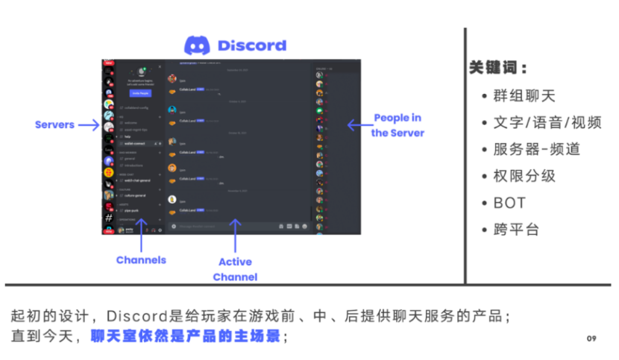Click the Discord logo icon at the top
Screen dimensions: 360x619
[x=198, y=45]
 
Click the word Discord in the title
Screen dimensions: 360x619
[x=252, y=45]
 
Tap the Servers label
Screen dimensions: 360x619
[x=54, y=124]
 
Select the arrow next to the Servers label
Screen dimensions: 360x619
[x=89, y=124]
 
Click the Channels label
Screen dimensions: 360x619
[x=141, y=260]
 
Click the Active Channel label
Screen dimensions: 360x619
[x=235, y=269]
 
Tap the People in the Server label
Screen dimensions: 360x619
[x=398, y=125]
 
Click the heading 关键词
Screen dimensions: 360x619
[x=498, y=68]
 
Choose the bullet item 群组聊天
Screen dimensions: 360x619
[x=524, y=96]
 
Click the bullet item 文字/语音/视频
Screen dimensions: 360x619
[x=547, y=123]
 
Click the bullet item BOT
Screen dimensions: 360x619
[x=509, y=203]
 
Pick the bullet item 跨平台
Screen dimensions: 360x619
[x=515, y=229]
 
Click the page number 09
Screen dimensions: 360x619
[x=591, y=338]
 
